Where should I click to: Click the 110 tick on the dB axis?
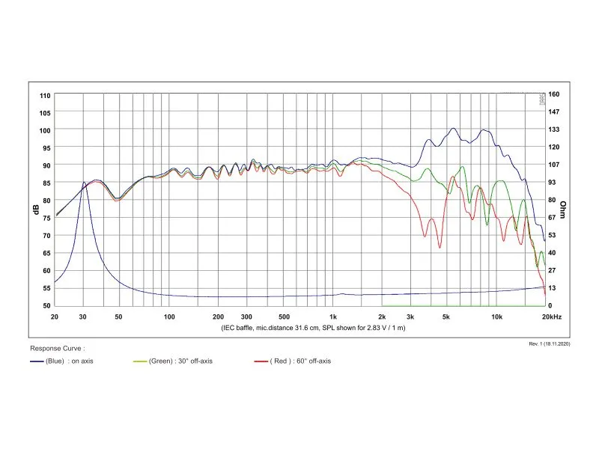[45, 96]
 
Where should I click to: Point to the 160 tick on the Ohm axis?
[553, 94]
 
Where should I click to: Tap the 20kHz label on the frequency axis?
[552, 317]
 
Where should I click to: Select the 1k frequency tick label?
[333, 317]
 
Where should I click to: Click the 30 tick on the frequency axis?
[83, 317]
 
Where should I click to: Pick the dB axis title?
[36, 210]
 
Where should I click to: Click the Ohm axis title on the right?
[563, 210]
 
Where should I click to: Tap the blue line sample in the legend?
[37, 361]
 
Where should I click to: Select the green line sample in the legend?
[140, 361]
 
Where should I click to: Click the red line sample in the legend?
[261, 361]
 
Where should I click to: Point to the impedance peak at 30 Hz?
[84, 183]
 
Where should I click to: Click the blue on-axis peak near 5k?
[453, 129]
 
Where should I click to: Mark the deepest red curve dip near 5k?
[440, 248]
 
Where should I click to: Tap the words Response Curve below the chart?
[55, 349]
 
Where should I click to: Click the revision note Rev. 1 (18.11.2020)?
[550, 344]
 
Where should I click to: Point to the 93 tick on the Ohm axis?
[552, 183]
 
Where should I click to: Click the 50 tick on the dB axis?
[46, 306]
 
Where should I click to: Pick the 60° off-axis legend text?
[314, 361]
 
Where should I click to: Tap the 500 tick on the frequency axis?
[284, 317]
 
